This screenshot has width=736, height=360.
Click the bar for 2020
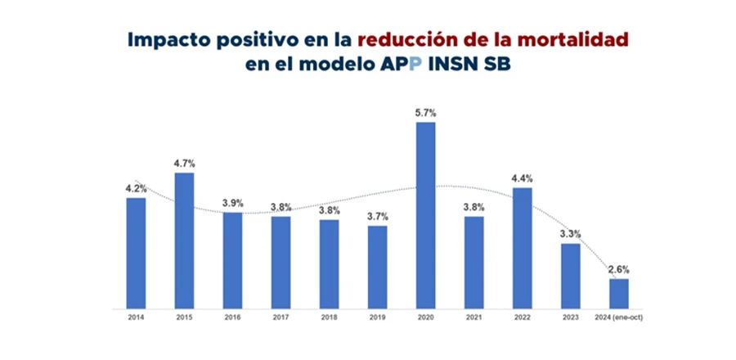[425, 216]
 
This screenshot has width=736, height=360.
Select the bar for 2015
[184, 241]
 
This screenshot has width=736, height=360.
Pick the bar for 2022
[522, 249]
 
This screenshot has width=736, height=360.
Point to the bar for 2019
[377, 268]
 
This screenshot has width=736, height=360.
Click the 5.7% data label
[425, 113]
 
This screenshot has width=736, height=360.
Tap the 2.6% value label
[618, 269]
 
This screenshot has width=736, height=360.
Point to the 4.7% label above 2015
[184, 163]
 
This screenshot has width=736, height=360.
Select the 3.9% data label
[232, 203]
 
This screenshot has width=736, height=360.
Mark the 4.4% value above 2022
[522, 178]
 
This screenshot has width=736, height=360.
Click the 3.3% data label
[570, 234]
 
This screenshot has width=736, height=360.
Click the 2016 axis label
[232, 317]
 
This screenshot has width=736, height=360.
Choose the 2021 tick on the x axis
[473, 317]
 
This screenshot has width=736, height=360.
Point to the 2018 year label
[329, 317]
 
